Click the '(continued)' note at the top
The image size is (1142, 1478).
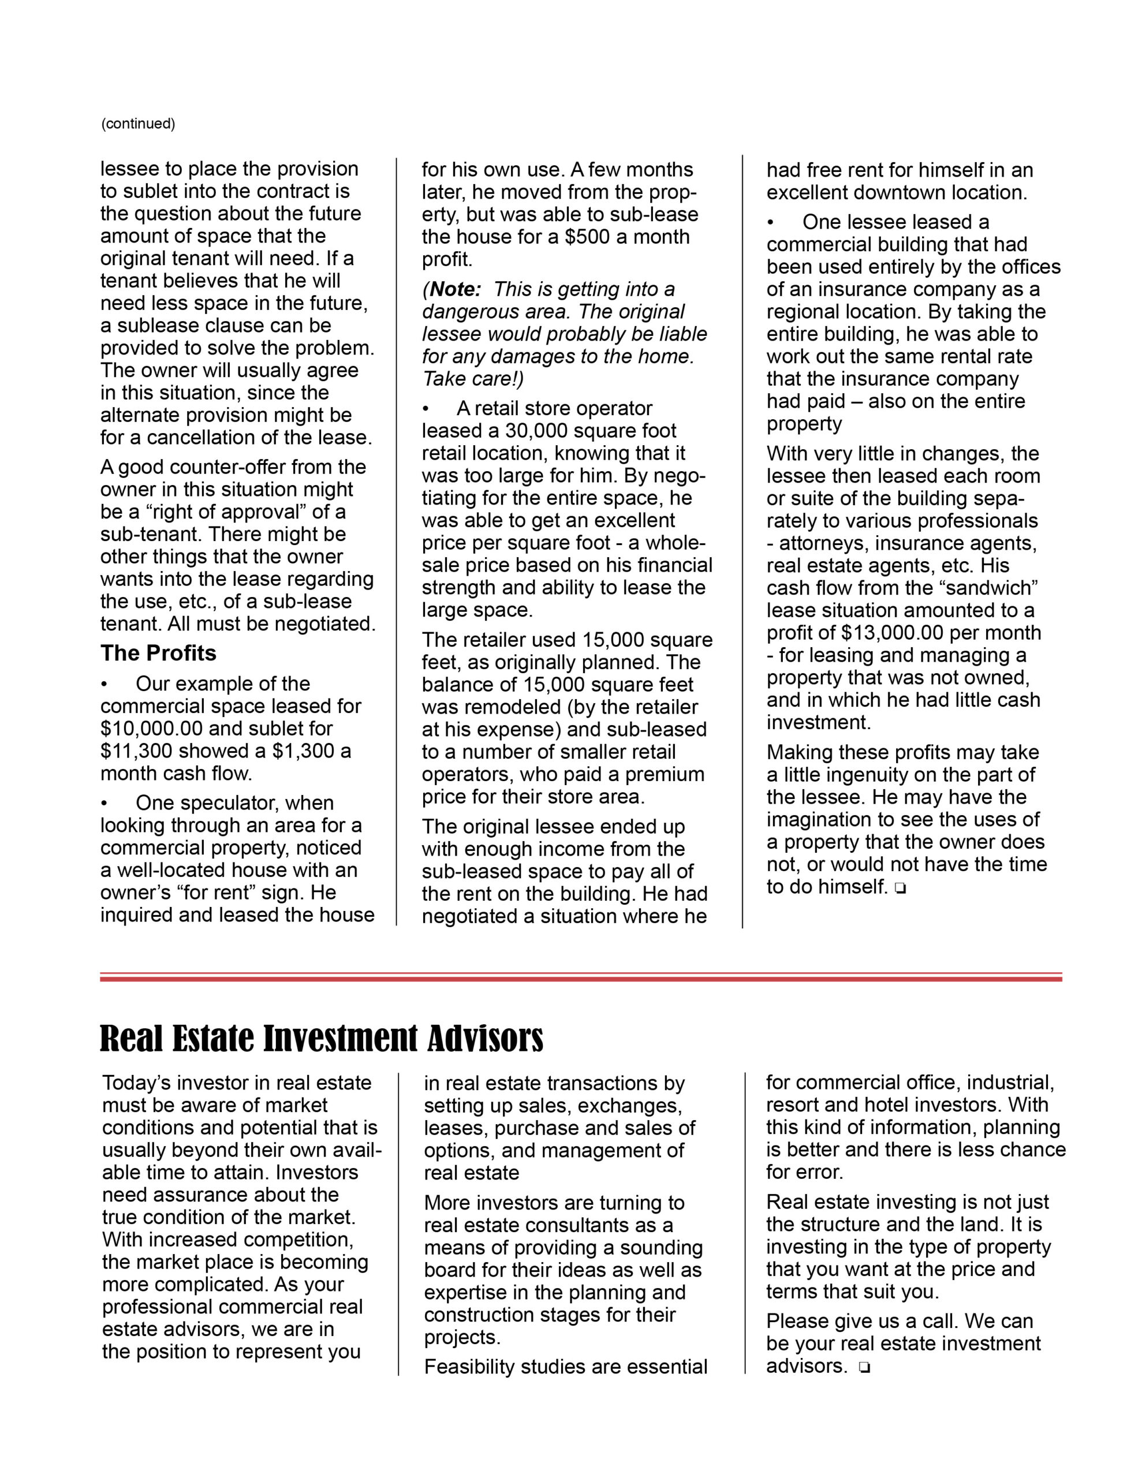138,124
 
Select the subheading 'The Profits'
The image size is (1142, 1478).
158,653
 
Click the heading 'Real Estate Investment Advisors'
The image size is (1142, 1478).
322,1039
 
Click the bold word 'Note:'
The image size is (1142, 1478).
456,290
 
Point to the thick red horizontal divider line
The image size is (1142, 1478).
581,979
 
